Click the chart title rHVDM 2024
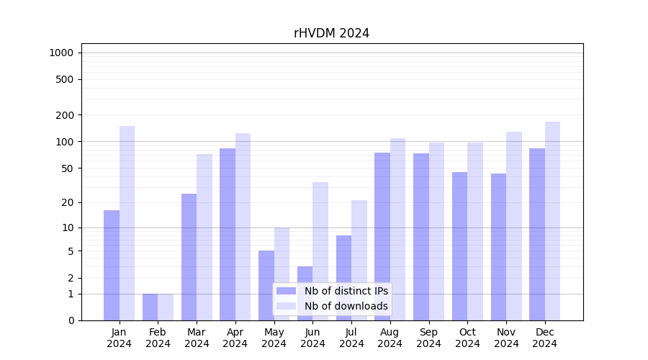tap(331, 33)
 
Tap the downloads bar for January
tap(127, 223)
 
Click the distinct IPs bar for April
tap(228, 234)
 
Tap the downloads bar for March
tap(204, 237)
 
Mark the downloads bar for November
tap(513, 226)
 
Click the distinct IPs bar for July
tap(343, 278)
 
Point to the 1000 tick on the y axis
tap(60, 53)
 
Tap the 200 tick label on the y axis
tap(65, 115)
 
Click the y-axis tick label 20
tap(67, 202)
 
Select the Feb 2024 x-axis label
tap(158, 338)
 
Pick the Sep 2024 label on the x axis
tap(428, 338)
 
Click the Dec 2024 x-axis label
tap(545, 338)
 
